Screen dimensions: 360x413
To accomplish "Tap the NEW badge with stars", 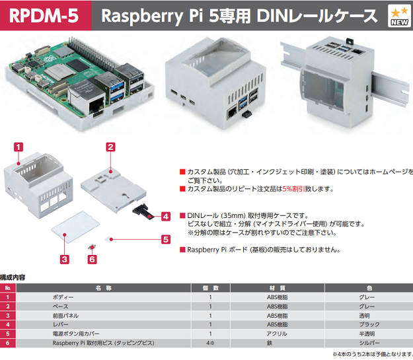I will pyautogui.click(x=399, y=16).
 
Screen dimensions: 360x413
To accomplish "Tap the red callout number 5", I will pyautogui.click(x=166, y=240).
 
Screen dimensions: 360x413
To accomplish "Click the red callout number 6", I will pyautogui.click(x=92, y=260).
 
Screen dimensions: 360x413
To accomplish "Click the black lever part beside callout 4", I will pyautogui.click(x=144, y=211).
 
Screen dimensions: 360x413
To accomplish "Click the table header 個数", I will pyautogui.click(x=210, y=288).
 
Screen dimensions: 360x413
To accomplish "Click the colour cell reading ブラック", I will pyautogui.click(x=367, y=325).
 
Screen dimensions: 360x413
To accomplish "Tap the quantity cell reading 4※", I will pyautogui.click(x=210, y=343).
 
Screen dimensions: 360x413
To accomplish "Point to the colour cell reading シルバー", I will pyautogui.click(x=367, y=343).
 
